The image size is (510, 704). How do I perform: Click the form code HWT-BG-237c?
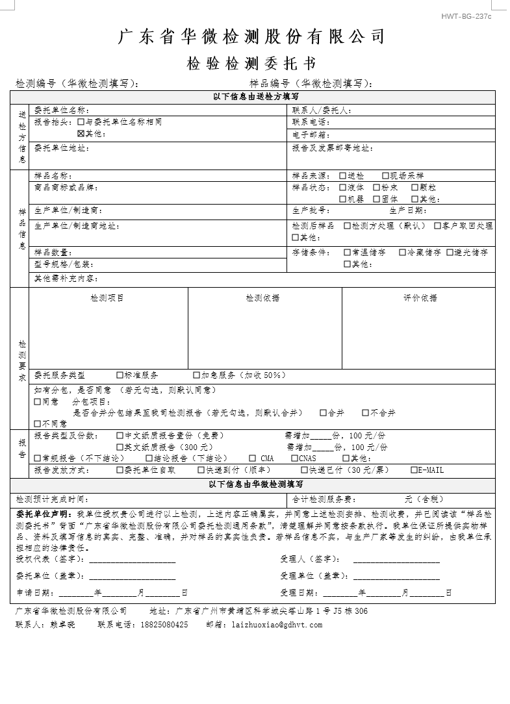point(466,16)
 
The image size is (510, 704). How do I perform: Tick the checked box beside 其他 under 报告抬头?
point(81,134)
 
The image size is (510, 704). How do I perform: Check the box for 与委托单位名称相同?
point(81,121)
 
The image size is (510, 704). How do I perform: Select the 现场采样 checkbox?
point(386,176)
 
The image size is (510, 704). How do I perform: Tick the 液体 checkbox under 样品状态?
point(343,188)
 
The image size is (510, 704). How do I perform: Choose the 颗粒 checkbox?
point(415,188)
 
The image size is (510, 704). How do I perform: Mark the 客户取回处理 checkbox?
point(437,226)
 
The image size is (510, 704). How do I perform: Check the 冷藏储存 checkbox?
point(403,252)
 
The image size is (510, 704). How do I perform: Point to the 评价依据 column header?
point(420,297)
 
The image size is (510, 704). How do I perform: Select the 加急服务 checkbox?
point(196,375)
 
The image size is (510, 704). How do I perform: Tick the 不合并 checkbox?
point(366,412)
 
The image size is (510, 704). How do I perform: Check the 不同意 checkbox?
point(38,424)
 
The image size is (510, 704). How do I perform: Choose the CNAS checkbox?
point(294,459)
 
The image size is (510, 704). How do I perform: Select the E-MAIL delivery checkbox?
point(414,470)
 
